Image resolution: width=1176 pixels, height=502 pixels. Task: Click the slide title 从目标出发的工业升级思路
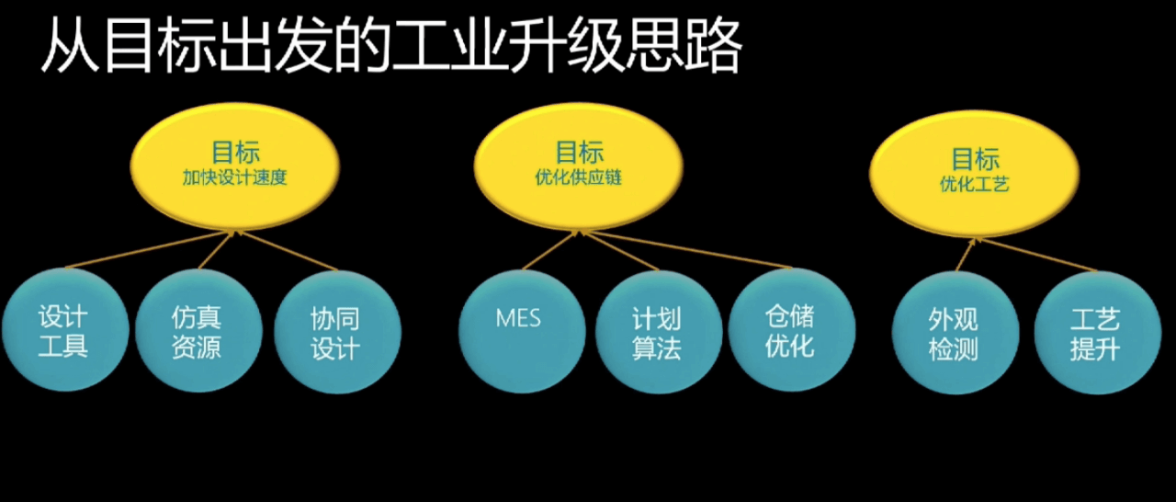(391, 45)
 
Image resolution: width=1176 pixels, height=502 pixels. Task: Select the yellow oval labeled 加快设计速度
(234, 166)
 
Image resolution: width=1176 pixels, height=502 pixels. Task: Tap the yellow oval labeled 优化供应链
(579, 166)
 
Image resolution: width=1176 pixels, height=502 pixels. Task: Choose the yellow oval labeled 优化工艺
(975, 173)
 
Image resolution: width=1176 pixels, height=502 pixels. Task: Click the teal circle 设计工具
(65, 330)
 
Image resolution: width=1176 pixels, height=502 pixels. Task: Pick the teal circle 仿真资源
(198, 331)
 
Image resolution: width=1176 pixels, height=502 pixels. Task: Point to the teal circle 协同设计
(337, 332)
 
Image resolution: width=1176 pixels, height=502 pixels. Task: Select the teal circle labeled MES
(522, 332)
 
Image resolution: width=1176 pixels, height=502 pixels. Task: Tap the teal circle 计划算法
(659, 332)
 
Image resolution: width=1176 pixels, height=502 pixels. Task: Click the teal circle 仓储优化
(792, 330)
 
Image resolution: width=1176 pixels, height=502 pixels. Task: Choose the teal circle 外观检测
(955, 333)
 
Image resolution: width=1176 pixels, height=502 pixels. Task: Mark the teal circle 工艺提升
(1098, 333)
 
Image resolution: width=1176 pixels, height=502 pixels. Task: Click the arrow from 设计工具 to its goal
(150, 249)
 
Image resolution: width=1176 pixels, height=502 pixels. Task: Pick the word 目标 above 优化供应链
(580, 152)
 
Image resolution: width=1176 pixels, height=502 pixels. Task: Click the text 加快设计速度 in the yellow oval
(234, 177)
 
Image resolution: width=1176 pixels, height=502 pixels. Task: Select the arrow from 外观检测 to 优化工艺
(966, 255)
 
